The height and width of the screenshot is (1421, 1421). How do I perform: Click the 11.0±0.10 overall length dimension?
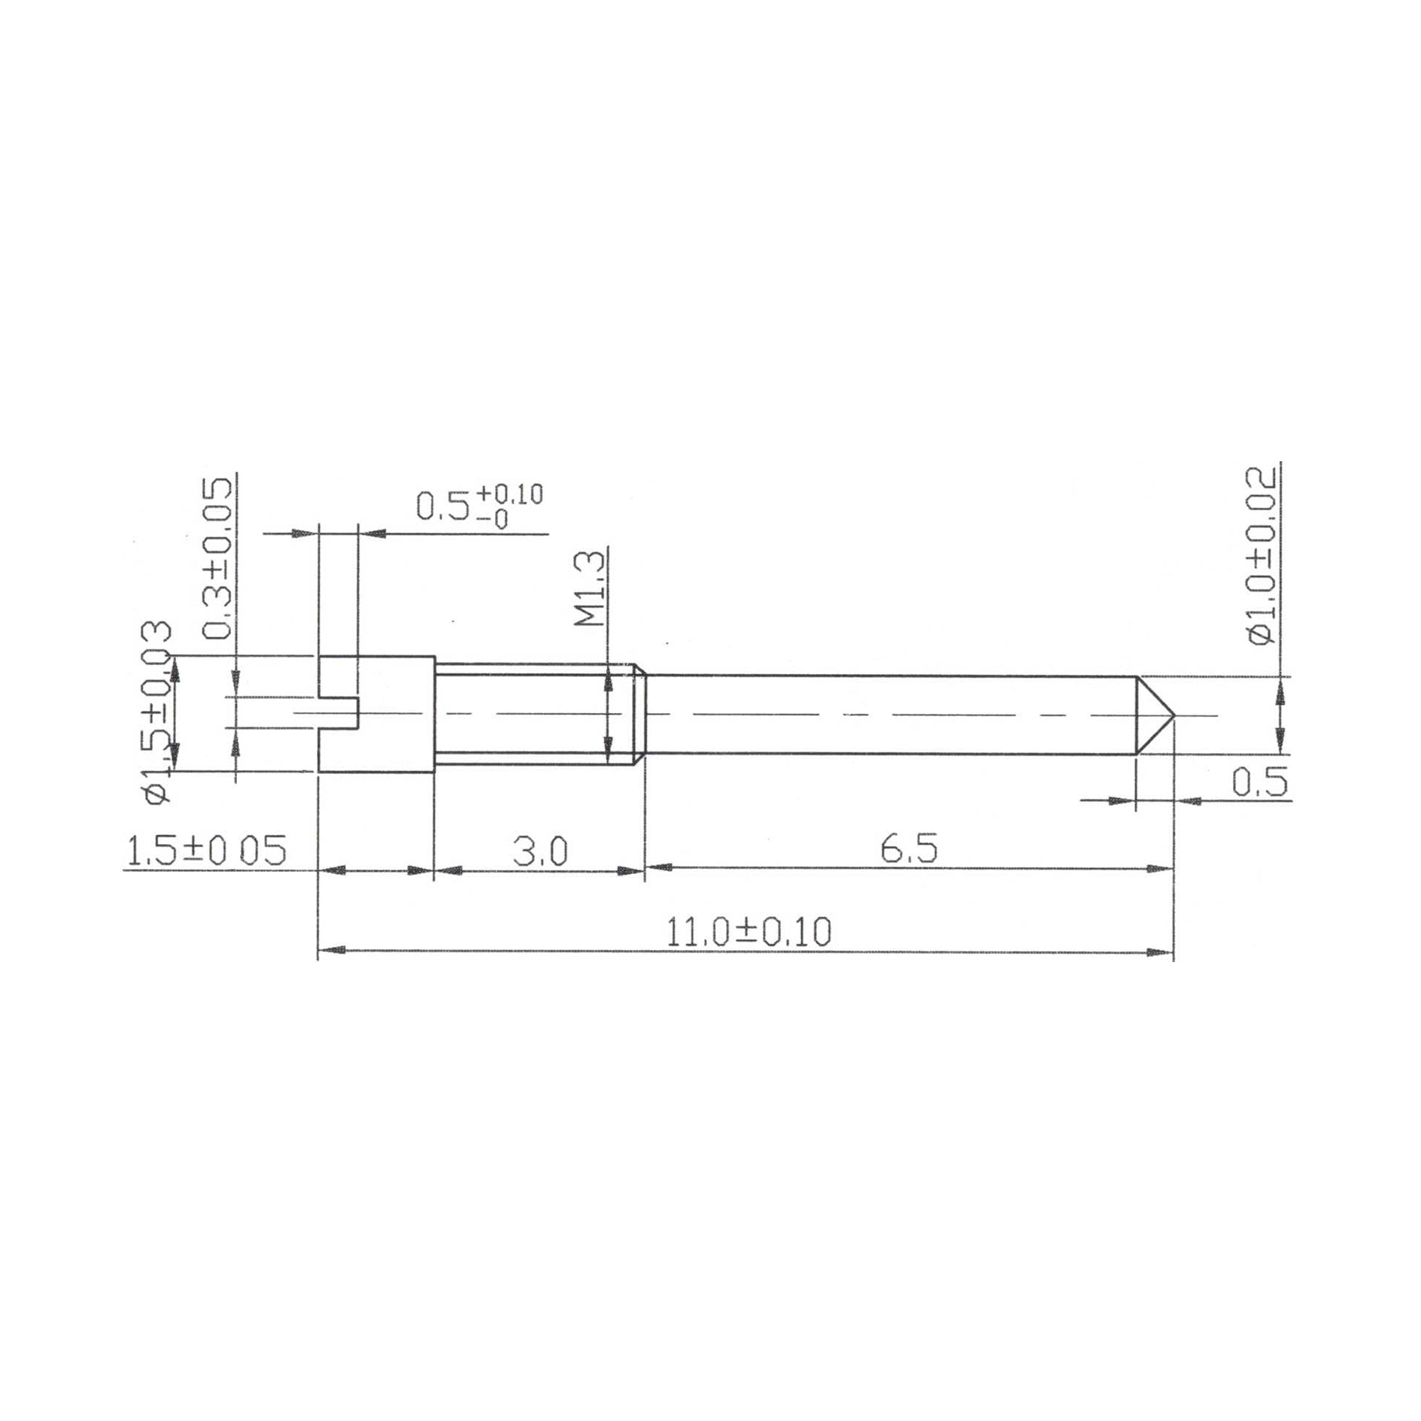[x=749, y=933]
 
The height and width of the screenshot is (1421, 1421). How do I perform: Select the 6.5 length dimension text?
[x=909, y=849]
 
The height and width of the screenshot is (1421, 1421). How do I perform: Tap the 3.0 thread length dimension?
[x=539, y=852]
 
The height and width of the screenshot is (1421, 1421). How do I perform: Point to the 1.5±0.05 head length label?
[x=205, y=851]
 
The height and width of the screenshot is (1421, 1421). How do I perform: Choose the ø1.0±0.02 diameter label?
[x=1261, y=557]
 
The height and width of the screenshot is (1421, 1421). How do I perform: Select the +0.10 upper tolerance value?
[x=509, y=494]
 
